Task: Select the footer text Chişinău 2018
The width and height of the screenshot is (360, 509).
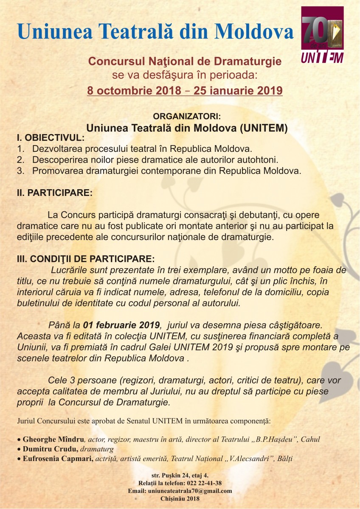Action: (x=180, y=498)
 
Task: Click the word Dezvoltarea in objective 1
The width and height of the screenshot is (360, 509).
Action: (x=55, y=149)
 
